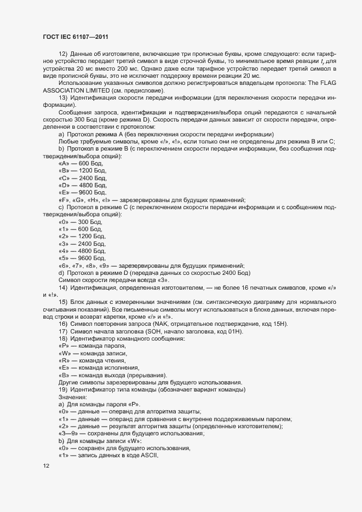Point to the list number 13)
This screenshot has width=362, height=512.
(62, 97)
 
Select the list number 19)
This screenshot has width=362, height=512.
(62, 389)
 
